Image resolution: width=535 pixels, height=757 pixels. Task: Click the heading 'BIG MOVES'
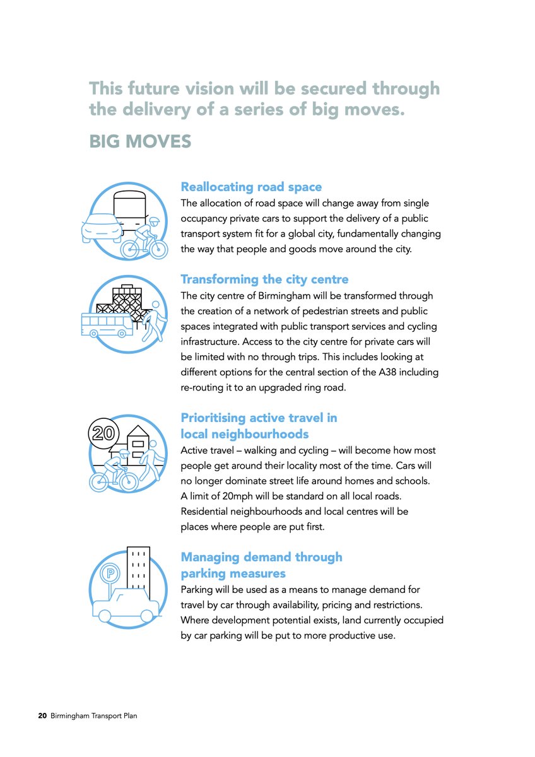140,141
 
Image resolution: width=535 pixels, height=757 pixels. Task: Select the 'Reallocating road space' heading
251,187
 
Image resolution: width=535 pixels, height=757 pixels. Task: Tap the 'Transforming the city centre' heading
264,279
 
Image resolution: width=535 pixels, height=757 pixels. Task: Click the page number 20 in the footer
42,716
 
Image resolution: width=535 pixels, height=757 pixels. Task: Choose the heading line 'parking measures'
233,573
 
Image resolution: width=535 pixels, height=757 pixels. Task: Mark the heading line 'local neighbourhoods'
245,434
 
